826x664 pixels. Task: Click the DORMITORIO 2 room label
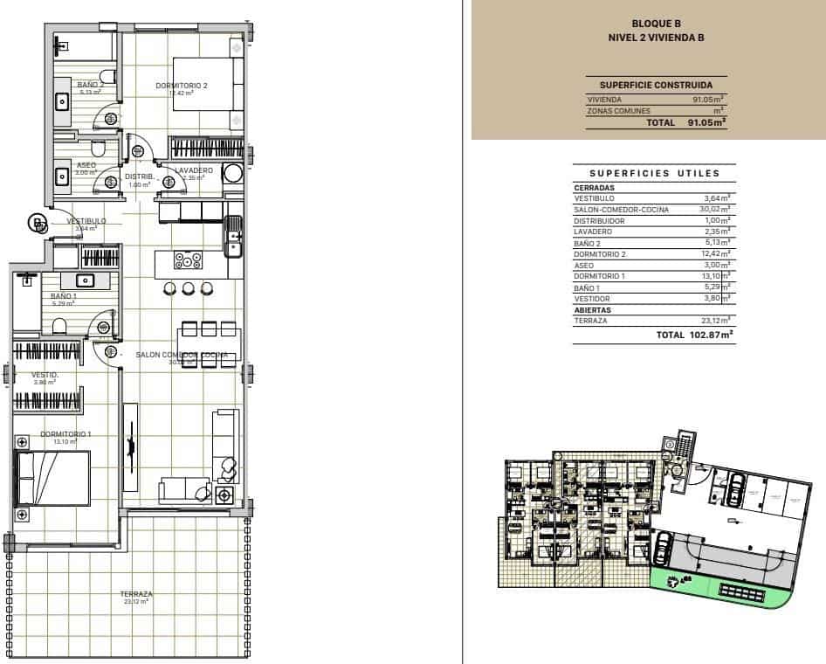point(182,86)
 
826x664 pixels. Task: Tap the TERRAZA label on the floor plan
point(135,594)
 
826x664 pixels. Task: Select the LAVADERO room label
point(194,169)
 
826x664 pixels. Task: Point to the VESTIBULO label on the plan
point(86,221)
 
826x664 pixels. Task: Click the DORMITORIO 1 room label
point(65,434)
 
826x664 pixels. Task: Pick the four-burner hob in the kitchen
point(188,260)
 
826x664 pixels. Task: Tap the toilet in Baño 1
point(60,326)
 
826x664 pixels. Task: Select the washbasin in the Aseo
point(64,176)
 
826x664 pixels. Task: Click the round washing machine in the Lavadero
point(233,173)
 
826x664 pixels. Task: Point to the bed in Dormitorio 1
point(54,478)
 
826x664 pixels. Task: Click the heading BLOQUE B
point(656,24)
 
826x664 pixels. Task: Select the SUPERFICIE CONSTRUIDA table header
point(656,85)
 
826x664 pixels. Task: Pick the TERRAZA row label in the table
point(590,321)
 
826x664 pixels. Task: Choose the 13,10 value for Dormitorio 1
point(716,276)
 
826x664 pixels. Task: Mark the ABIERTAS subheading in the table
point(592,309)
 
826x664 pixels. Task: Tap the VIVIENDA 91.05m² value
point(708,100)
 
